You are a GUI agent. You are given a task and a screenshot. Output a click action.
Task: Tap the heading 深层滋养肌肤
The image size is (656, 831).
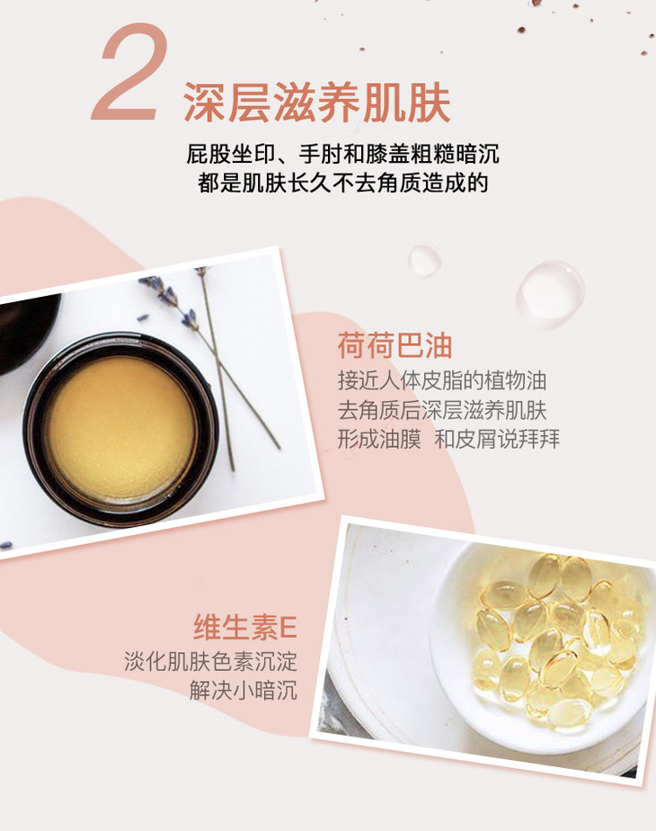point(317,103)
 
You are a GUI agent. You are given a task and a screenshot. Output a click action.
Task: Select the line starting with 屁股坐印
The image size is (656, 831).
point(342,154)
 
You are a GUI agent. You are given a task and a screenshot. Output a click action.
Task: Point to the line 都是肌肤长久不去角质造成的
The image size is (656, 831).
point(342,183)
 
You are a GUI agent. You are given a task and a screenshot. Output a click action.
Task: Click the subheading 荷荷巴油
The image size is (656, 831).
point(395,345)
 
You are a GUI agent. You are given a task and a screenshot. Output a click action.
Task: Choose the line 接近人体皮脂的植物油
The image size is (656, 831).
point(442,381)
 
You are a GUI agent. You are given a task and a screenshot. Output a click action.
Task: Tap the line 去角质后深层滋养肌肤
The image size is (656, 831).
point(442,410)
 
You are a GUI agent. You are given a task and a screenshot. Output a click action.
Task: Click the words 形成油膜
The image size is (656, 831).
point(379,440)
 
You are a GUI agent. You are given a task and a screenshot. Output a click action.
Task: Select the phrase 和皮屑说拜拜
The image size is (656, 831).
point(497,440)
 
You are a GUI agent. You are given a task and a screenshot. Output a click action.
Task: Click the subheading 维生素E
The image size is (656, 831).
point(244,627)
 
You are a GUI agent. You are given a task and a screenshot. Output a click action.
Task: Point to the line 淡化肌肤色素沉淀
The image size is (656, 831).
point(210,661)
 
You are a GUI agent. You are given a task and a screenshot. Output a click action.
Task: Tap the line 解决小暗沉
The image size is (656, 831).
point(244,691)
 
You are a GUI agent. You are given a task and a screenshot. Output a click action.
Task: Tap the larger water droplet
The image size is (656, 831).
point(551,292)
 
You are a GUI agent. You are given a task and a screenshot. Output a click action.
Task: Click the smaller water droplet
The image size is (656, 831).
point(424,260)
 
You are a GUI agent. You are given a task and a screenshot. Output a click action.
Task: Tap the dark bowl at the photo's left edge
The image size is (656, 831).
point(26,331)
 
